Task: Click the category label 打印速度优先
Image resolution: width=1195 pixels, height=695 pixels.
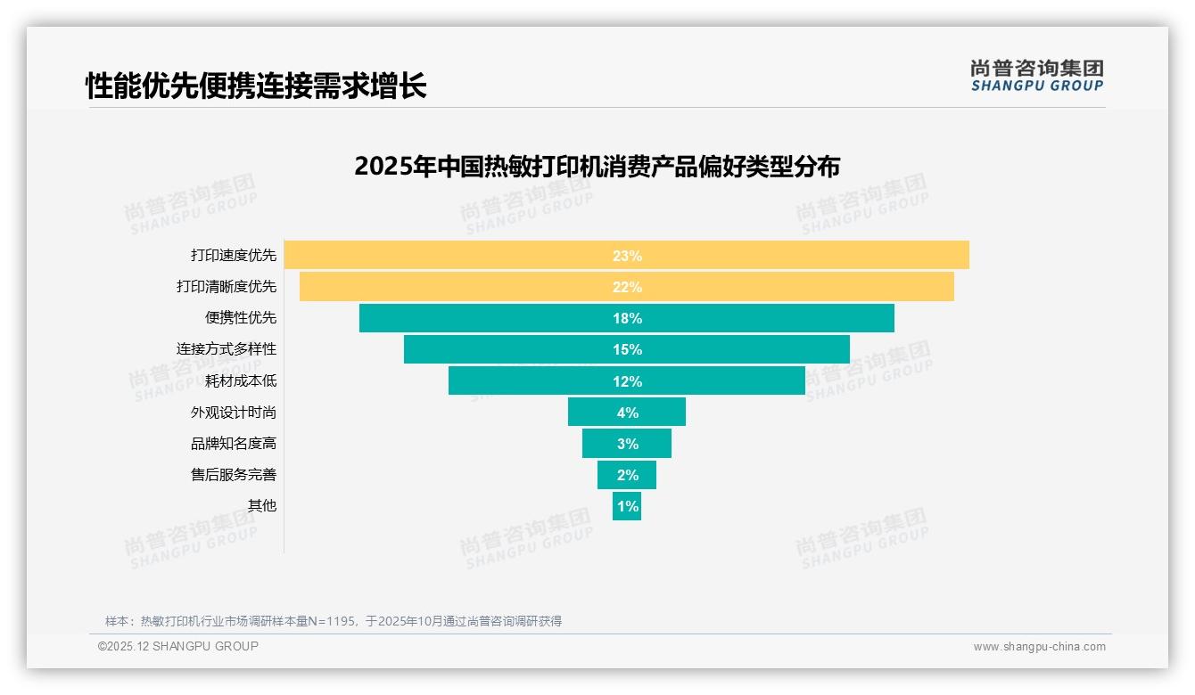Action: tap(234, 255)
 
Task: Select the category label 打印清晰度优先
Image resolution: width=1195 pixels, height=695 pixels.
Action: tap(227, 287)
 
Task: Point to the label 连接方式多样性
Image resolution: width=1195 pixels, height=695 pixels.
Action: tap(227, 349)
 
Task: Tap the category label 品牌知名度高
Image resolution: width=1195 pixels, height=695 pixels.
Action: tap(234, 444)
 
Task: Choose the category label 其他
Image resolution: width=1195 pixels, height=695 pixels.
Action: tap(262, 506)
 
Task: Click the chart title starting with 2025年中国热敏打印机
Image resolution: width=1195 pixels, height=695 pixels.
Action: tap(597, 167)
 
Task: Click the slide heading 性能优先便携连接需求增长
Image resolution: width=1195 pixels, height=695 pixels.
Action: tap(256, 86)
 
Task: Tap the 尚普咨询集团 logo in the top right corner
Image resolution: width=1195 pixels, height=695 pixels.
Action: tap(1036, 76)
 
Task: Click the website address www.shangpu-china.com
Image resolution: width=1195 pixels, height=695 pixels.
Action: tap(1039, 647)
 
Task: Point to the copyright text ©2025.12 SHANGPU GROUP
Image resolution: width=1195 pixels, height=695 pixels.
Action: tap(178, 647)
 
